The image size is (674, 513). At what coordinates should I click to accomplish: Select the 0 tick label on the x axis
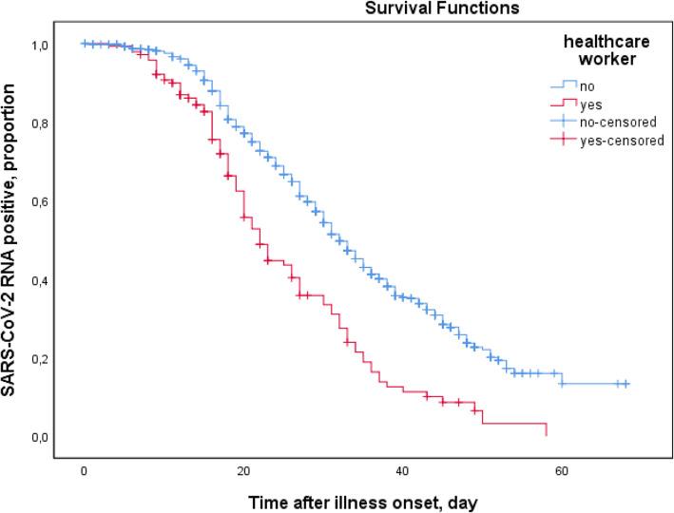click(x=85, y=470)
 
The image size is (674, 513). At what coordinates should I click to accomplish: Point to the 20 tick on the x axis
click(x=242, y=470)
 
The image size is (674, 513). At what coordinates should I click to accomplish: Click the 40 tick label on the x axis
click(x=402, y=470)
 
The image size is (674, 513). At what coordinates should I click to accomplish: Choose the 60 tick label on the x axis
click(x=561, y=470)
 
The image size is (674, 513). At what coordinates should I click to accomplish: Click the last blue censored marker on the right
click(x=626, y=384)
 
